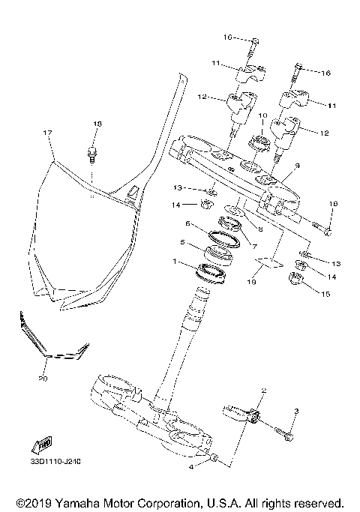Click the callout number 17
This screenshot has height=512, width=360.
[x=47, y=133]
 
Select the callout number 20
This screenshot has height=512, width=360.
[x=42, y=379]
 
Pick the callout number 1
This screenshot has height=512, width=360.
[x=175, y=262]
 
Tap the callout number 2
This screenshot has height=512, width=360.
[x=264, y=391]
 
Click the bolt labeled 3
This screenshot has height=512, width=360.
[x=282, y=433]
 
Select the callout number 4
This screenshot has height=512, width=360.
[x=191, y=466]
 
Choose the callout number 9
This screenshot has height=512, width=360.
[x=298, y=166]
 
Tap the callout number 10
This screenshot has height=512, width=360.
[x=262, y=115]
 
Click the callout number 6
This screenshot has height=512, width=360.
[x=188, y=223]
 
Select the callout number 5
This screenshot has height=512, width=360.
[x=181, y=242]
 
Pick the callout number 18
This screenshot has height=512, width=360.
[x=96, y=123]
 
